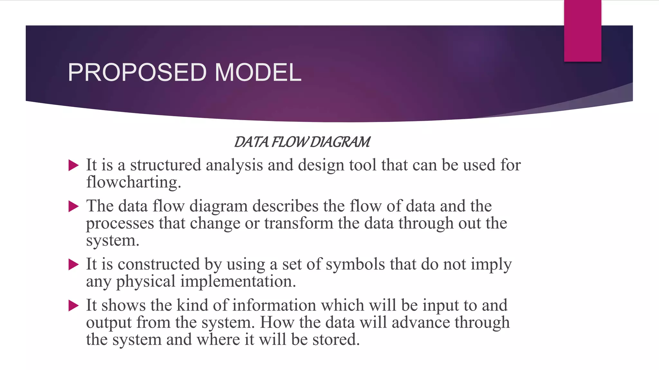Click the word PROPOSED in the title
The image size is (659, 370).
(137, 73)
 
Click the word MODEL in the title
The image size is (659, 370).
(258, 73)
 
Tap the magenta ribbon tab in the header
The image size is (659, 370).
(582, 31)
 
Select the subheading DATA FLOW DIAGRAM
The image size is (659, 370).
(302, 142)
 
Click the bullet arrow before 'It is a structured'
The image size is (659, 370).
(74, 166)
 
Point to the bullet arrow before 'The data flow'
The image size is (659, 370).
(74, 207)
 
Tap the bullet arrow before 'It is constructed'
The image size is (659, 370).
(74, 265)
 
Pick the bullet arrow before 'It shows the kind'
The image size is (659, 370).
(74, 306)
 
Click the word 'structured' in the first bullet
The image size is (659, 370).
(165, 165)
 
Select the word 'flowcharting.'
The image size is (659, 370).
(134, 182)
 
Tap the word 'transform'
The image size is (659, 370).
(299, 223)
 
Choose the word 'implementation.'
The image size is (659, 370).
(238, 281)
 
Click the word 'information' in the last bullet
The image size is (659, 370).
(274, 305)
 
